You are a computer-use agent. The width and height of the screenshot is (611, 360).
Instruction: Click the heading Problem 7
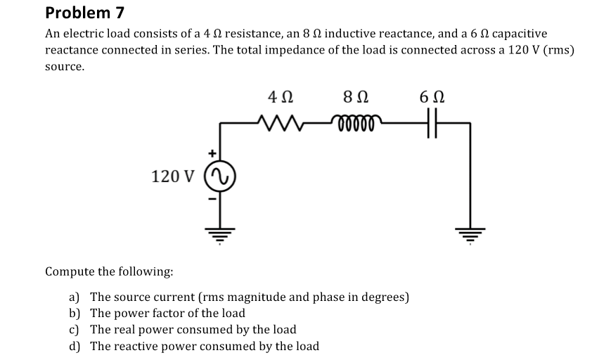(78, 12)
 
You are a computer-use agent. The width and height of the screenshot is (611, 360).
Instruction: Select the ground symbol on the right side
(469, 232)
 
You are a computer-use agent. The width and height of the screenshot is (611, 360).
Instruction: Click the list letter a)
(74, 297)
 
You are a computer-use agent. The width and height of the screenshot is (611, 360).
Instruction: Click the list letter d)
(74, 346)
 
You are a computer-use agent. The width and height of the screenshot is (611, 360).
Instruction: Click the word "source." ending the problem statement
(65, 68)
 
